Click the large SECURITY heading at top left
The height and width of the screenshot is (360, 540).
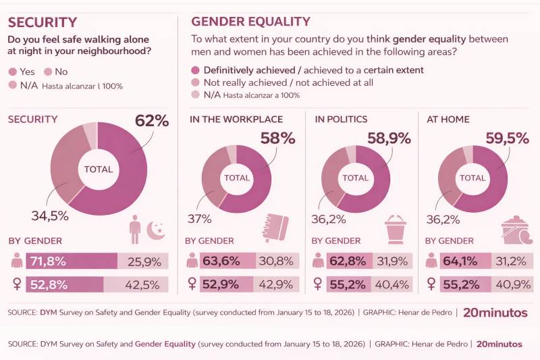(x=42, y=22)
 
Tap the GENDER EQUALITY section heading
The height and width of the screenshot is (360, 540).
(x=250, y=22)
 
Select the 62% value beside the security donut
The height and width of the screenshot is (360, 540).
(x=151, y=121)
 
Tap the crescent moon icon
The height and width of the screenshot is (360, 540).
(x=156, y=232)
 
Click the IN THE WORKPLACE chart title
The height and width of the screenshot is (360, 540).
(x=236, y=120)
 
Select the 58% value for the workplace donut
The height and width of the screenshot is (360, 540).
(x=278, y=138)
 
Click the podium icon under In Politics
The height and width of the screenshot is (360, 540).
(x=396, y=230)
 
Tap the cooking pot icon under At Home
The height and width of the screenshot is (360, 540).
(x=517, y=230)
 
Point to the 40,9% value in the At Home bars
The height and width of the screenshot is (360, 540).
(x=510, y=284)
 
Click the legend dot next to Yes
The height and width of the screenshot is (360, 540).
(x=12, y=71)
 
